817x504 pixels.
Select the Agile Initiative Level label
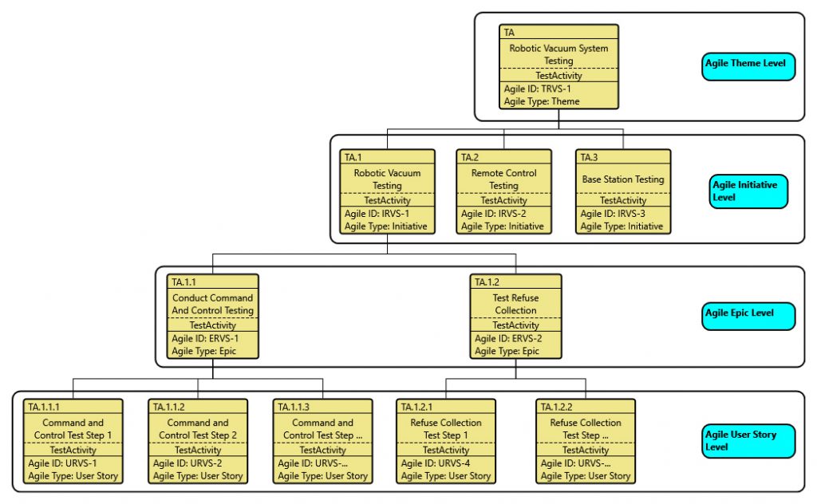(748, 191)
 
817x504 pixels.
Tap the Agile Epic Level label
(748, 314)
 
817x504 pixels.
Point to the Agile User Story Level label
(748, 441)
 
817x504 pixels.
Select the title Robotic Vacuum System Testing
(558, 54)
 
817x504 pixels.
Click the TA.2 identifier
(470, 157)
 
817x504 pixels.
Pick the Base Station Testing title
(623, 179)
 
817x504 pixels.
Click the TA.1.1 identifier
(185, 282)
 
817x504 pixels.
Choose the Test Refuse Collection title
(515, 304)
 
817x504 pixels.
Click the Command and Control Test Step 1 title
(73, 429)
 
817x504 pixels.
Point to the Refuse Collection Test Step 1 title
(446, 429)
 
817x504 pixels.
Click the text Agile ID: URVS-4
(435, 463)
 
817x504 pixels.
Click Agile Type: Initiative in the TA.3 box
(622, 226)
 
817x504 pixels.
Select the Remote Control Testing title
(503, 179)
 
